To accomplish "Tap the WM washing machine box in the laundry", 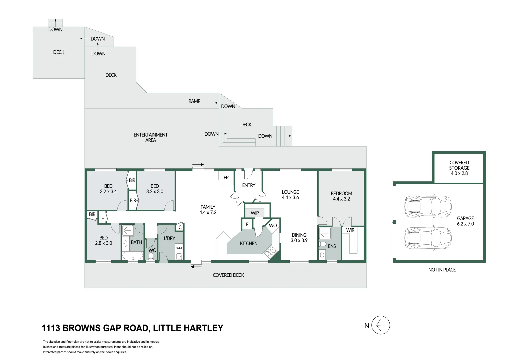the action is tap(179, 248).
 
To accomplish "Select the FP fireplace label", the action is tap(226, 177).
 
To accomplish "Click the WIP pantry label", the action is tap(255, 213).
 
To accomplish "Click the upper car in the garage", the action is tap(428, 206).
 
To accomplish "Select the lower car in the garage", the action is tap(428, 238).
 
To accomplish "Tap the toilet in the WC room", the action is tap(151, 256).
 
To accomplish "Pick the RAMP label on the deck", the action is tap(194, 101).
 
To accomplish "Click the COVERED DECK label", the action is tap(228, 275).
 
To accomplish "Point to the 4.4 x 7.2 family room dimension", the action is tap(208, 212).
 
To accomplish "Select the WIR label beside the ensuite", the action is tap(350, 230).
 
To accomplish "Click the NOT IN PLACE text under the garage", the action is tap(442, 270).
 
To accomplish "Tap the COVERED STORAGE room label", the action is tap(459, 165).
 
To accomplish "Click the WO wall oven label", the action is tap(273, 226).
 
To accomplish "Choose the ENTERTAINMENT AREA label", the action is tap(151, 137).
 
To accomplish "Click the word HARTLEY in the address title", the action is tap(204, 328).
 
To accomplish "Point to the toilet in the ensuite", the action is tap(323, 244).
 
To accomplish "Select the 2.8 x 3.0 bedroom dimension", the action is tap(103, 243).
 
